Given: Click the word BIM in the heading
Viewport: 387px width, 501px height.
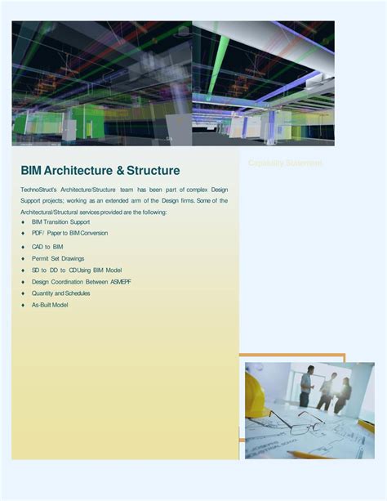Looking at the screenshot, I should (31, 171).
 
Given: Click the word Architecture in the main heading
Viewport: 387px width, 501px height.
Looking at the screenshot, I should (78, 171).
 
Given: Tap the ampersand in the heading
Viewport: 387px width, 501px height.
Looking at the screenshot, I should (119, 171).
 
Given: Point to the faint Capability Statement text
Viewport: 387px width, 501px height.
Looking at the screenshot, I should (285, 163).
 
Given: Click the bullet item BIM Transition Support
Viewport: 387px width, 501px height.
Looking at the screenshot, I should (60, 221).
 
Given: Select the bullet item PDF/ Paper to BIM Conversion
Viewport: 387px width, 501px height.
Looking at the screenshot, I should (69, 233).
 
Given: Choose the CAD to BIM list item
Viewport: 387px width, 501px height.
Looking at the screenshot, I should (47, 246).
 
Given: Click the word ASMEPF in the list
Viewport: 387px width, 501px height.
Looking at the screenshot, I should (118, 281).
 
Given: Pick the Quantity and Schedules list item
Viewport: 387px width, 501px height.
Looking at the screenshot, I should (61, 293).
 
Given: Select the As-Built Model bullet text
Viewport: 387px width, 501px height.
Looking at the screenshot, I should (50, 305).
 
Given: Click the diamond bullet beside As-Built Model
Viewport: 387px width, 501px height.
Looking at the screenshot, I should (23, 305).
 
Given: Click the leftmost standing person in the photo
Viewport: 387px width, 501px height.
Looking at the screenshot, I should (307, 384).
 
